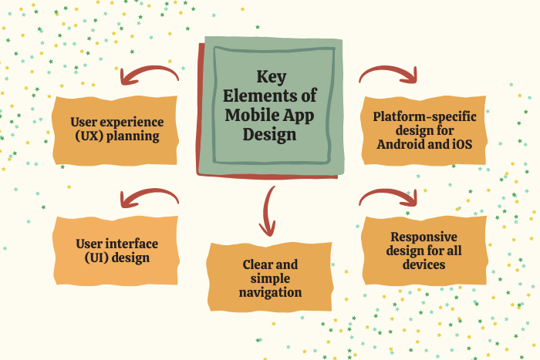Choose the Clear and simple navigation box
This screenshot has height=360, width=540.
[270, 278]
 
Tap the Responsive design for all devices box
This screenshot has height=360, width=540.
[424, 251]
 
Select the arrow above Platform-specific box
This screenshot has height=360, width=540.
[389, 74]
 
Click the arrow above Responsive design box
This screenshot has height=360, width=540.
[389, 197]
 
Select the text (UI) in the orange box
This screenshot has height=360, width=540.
[96, 258]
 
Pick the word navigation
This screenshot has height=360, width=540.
[270, 292]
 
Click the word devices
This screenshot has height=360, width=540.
[424, 264]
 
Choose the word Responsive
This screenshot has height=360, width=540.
[424, 237]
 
